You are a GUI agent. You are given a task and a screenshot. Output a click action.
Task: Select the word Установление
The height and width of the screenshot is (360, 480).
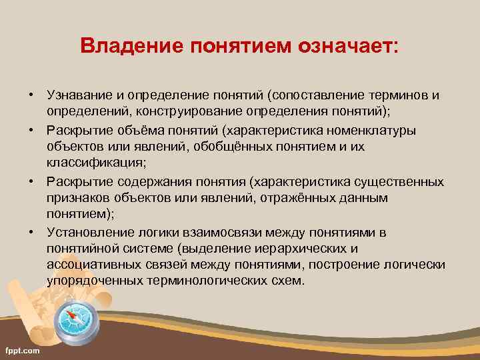point(84,232)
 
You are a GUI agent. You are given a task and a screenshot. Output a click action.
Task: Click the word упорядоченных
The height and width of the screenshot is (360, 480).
point(94,281)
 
